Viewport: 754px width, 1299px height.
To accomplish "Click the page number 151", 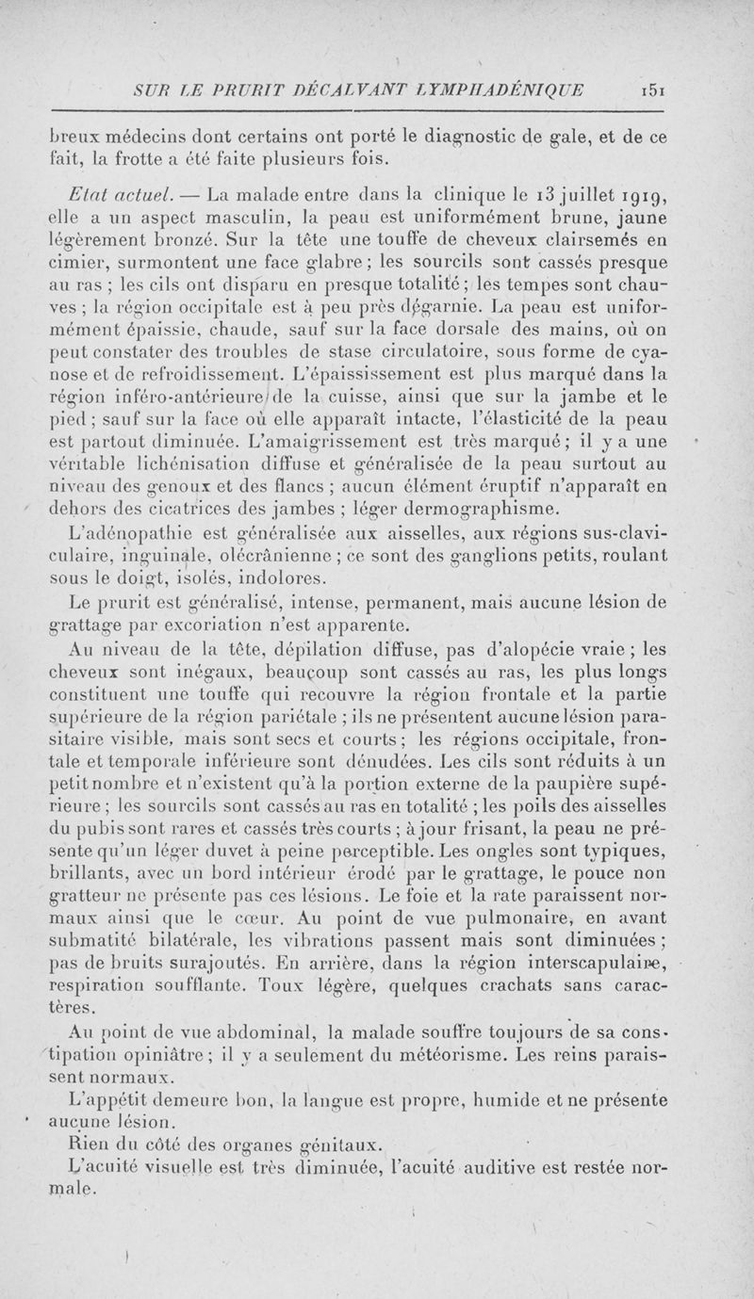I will coord(650,90).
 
